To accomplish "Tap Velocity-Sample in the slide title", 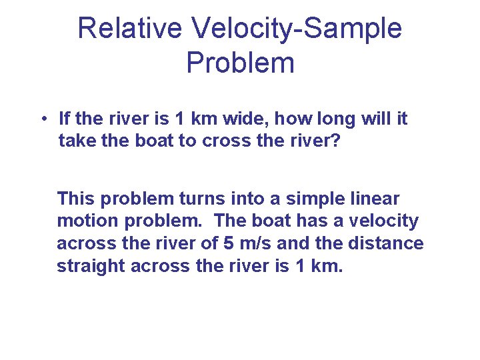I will [296, 29].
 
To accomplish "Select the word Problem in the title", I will [240, 63].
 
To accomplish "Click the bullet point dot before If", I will [42, 120].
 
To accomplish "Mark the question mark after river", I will [335, 141].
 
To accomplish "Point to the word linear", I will [375, 199].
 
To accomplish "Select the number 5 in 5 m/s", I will [227, 243].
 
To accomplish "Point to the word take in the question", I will [78, 141].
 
